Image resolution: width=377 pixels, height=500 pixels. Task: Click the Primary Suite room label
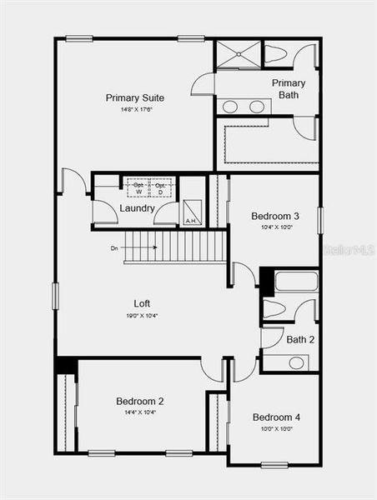click(134, 97)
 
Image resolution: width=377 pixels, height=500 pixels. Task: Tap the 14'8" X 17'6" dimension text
click(134, 109)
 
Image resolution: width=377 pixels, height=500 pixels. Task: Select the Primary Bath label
click(289, 88)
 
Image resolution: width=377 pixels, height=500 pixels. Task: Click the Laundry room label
click(137, 208)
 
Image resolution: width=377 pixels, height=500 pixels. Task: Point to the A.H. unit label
click(191, 221)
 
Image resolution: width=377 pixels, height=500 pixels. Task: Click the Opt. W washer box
click(138, 187)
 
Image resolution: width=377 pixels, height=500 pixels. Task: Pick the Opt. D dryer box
click(160, 187)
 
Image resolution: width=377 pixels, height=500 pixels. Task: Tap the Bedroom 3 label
click(275, 216)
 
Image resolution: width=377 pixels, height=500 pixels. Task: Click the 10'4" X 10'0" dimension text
click(275, 227)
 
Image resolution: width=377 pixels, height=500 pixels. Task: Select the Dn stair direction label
click(114, 247)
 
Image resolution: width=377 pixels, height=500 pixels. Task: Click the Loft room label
click(142, 303)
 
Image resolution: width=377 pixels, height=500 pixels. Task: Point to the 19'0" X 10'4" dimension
click(142, 315)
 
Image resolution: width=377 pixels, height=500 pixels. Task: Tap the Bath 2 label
click(300, 339)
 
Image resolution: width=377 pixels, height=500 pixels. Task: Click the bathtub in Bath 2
click(295, 281)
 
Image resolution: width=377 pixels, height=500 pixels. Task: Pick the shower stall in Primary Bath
click(239, 55)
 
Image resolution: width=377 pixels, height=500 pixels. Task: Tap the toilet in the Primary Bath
click(276, 55)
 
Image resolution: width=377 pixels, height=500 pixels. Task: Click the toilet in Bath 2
click(275, 309)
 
